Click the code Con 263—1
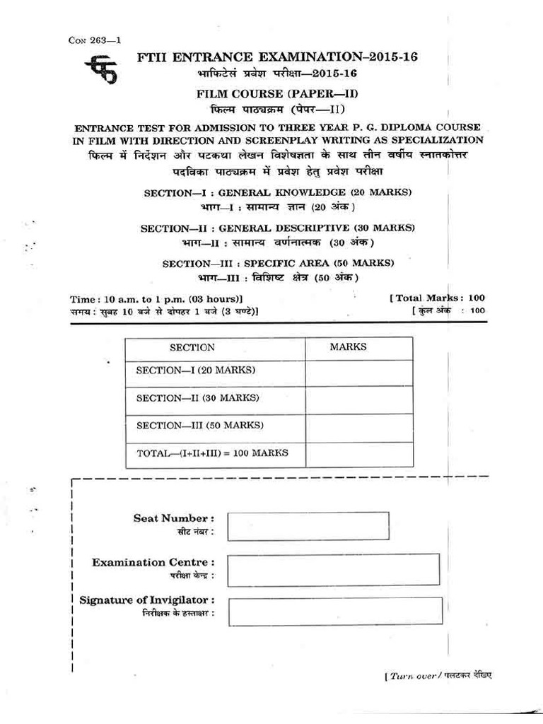pos(94,40)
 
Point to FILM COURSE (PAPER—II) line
pos(272,93)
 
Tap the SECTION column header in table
pos(192,347)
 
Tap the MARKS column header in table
pos(348,346)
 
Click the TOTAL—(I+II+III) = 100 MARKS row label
pos(212,452)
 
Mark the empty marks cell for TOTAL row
pos(359,454)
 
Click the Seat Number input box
pos(308,525)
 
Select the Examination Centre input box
pos(334,570)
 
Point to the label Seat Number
pos(174,518)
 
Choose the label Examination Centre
pos(153,562)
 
